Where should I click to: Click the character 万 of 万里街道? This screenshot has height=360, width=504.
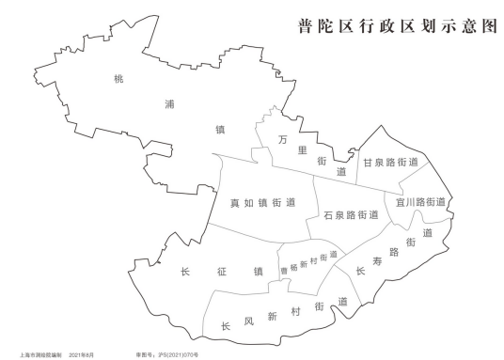pos(283,140)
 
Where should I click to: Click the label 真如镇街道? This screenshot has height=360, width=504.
pos(263,201)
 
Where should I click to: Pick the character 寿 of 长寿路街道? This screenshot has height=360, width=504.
pos(382,262)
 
